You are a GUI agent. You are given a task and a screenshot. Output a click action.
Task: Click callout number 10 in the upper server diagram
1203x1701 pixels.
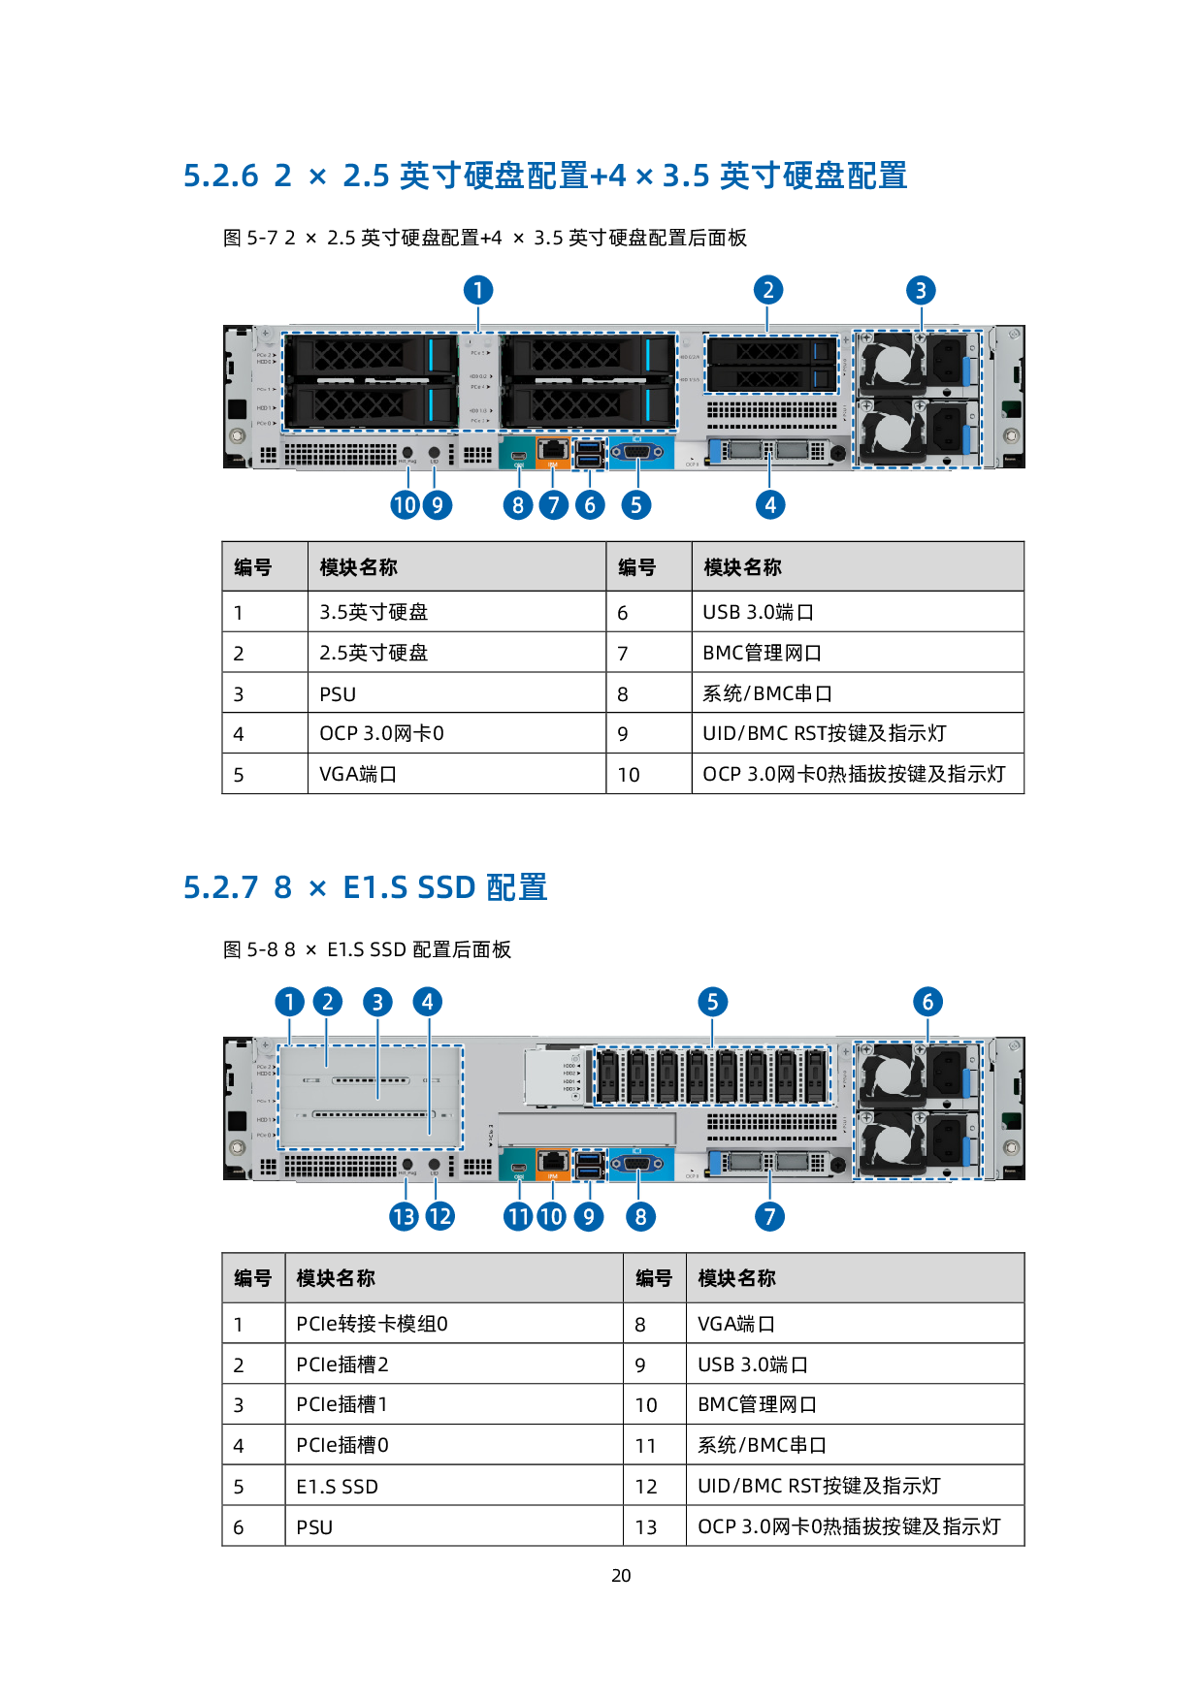tap(405, 505)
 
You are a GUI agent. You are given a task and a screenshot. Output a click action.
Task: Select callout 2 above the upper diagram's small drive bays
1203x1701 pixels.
tap(768, 290)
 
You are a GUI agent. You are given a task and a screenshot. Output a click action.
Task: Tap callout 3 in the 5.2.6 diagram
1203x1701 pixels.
tap(921, 290)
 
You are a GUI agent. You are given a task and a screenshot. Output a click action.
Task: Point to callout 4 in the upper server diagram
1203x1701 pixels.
tap(770, 505)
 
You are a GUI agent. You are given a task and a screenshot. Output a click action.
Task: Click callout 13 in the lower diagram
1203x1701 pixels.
tap(405, 1217)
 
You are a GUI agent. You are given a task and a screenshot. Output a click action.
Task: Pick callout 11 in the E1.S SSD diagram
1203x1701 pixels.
tap(518, 1217)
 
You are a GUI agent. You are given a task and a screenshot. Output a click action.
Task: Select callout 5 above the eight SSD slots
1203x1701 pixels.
tap(712, 1003)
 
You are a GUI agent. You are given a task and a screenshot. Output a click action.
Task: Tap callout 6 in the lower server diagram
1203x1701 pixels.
tap(927, 1003)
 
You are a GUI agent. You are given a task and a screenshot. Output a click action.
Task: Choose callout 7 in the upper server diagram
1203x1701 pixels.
tap(554, 505)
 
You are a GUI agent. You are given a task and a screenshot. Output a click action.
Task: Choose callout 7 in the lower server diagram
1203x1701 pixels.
tap(770, 1217)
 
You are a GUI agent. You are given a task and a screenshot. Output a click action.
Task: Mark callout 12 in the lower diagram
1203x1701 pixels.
tap(439, 1217)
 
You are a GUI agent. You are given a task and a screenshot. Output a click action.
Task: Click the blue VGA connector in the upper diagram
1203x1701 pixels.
tap(637, 452)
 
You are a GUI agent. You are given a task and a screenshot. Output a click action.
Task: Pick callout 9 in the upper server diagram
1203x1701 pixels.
tap(438, 505)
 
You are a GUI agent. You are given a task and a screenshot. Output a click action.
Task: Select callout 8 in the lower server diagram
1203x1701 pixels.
tap(640, 1217)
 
